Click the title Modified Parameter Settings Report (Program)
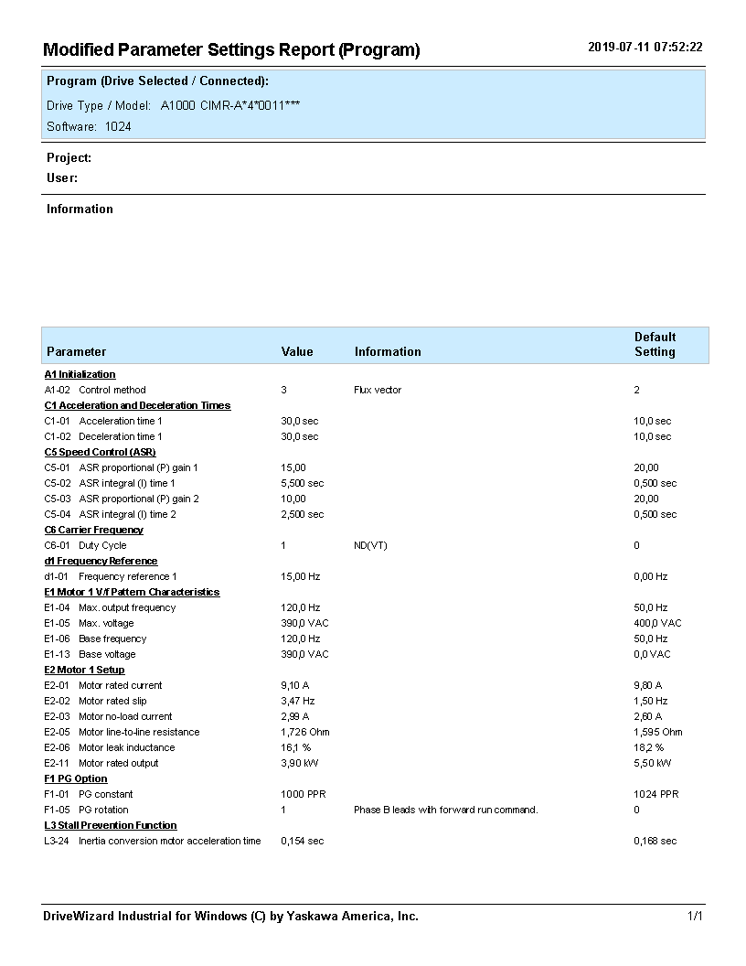pos(231,50)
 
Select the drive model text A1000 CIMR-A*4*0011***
pos(230,105)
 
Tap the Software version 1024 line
pos(89,127)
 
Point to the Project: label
pos(69,158)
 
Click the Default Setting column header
pos(655,344)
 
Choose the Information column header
pos(388,351)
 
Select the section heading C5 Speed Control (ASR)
pos(100,452)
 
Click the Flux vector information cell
pos(378,390)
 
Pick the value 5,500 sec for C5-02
pos(302,483)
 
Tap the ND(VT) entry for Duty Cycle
pos(370,545)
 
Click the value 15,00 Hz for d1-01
pos(300,576)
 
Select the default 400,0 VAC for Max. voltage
pos(657,623)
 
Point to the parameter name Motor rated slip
pos(112,701)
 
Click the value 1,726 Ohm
pos(304,732)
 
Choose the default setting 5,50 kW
pos(652,763)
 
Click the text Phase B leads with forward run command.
pos(445,810)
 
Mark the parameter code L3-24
pos(57,841)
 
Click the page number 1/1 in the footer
pos(695,916)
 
